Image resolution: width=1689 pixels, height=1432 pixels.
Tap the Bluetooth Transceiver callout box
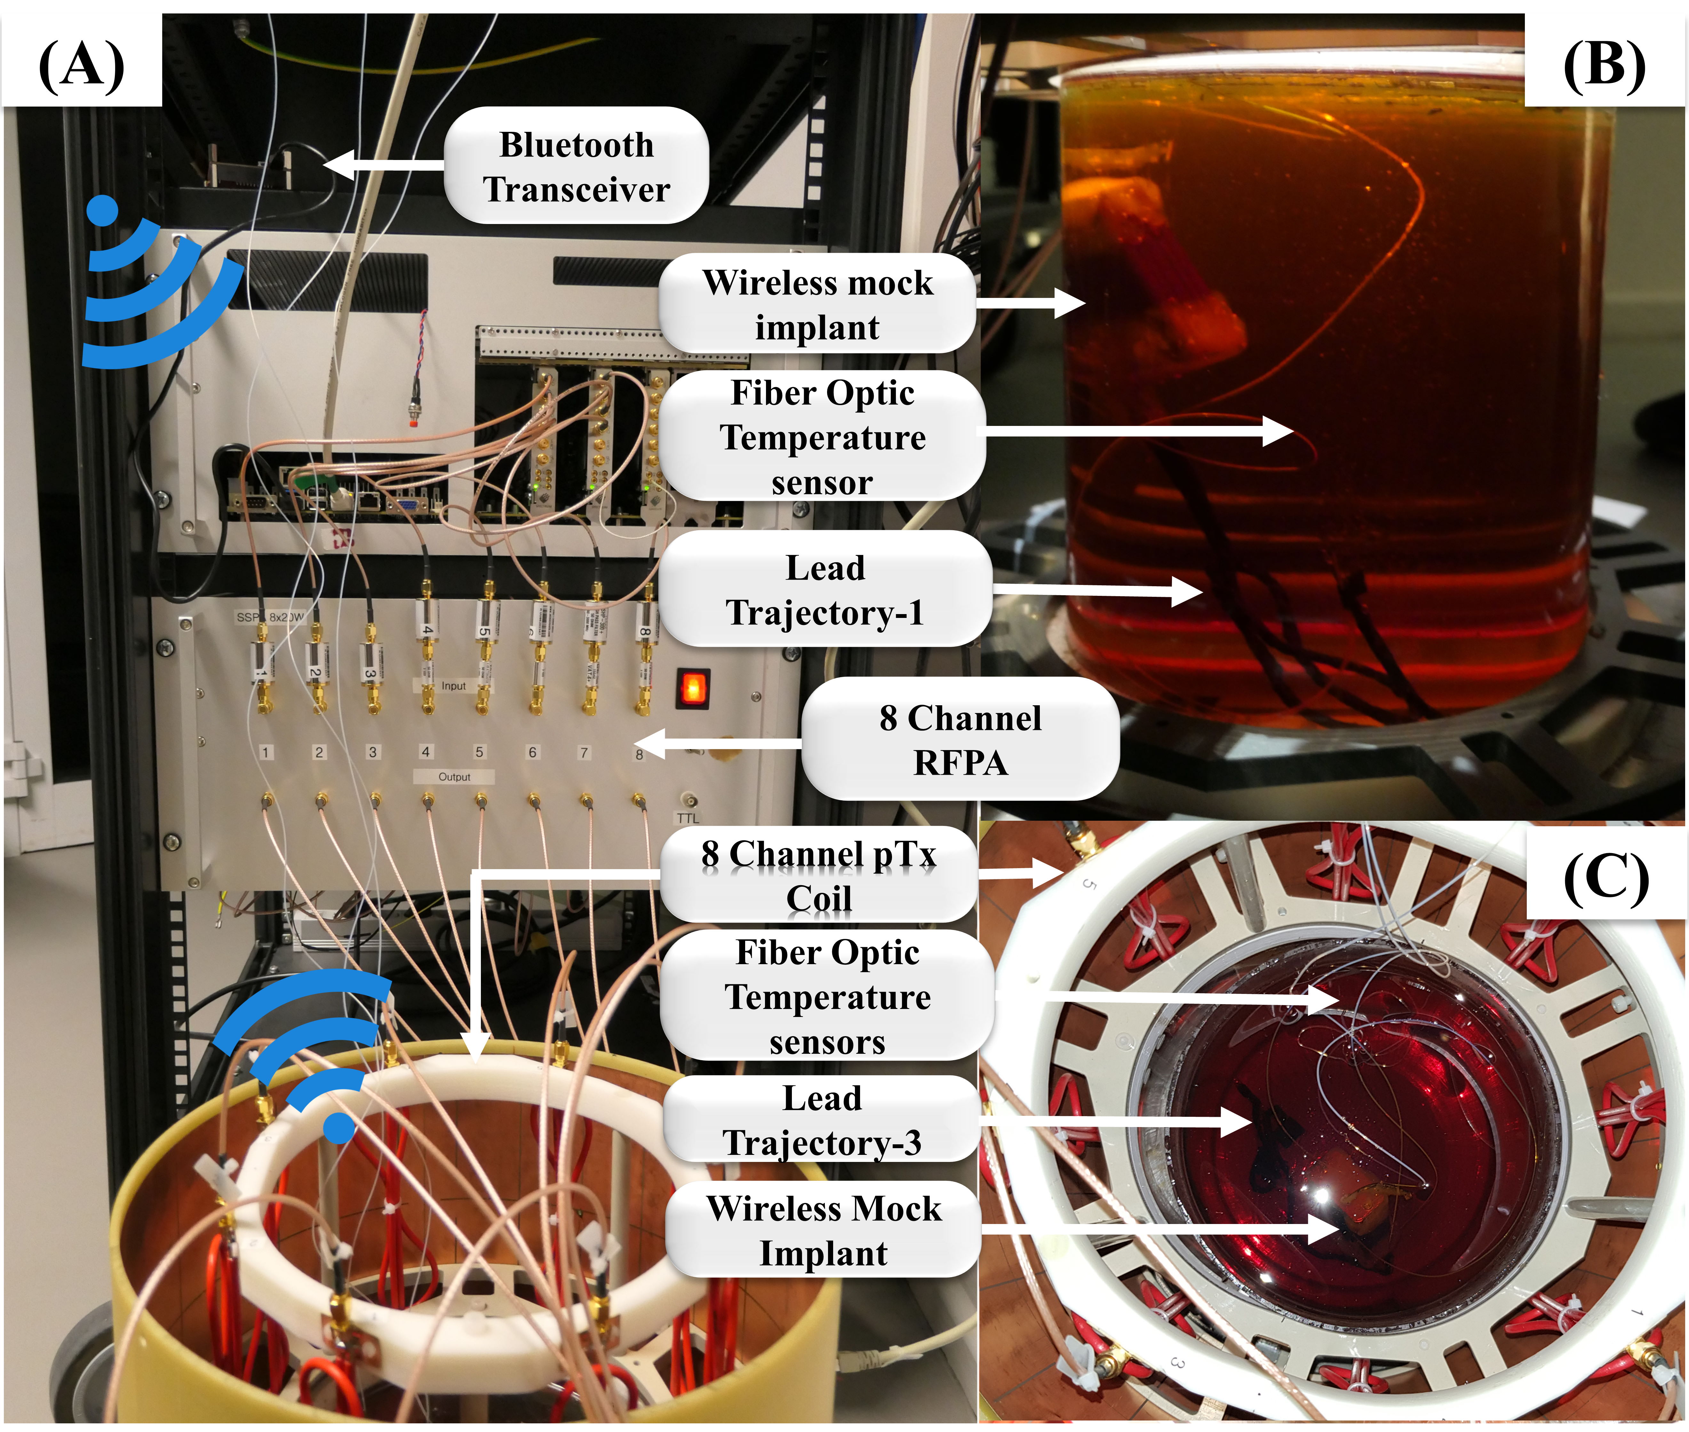[x=576, y=166]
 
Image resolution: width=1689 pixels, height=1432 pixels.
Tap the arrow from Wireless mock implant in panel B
[x=1031, y=303]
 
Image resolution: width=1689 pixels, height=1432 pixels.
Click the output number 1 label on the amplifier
[x=265, y=753]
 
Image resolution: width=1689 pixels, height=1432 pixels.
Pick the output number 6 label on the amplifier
[x=532, y=753]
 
